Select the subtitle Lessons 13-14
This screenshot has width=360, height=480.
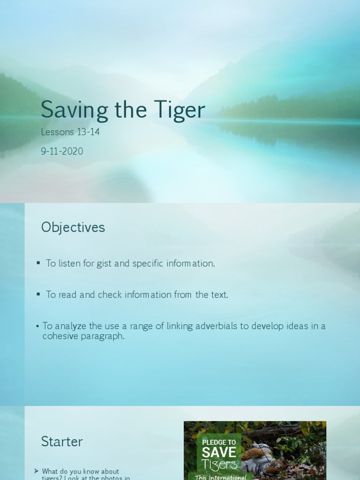click(70, 132)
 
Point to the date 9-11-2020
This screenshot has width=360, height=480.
click(62, 151)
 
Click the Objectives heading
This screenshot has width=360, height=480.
click(73, 227)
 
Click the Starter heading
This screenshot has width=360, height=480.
click(62, 441)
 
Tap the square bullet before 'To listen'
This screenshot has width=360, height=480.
click(38, 263)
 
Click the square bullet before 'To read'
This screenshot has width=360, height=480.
click(38, 294)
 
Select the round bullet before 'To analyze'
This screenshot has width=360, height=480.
click(37, 326)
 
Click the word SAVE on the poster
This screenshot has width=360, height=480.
click(219, 452)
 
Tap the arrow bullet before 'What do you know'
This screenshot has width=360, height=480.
click(36, 471)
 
